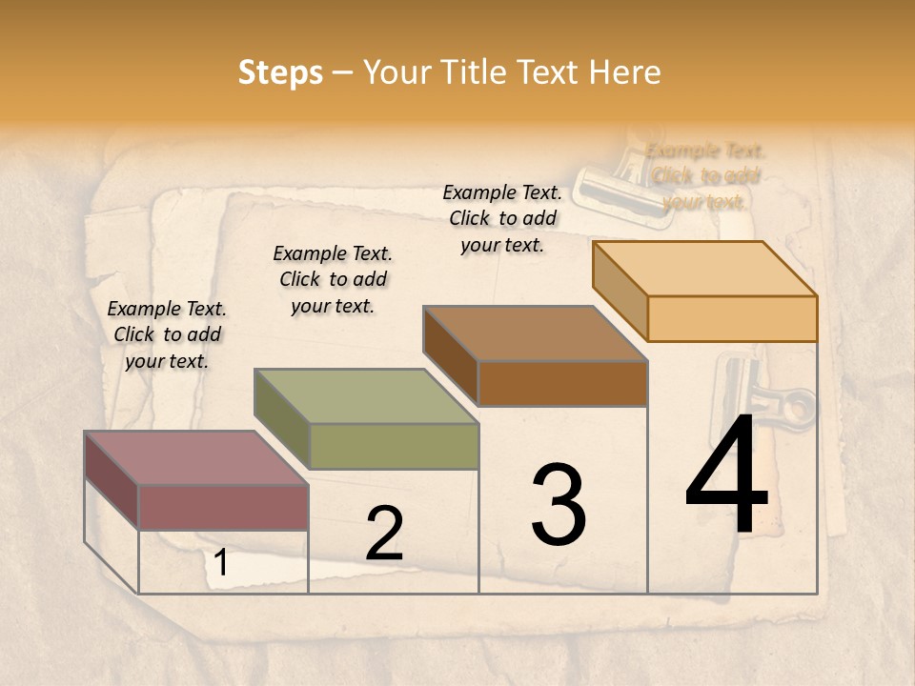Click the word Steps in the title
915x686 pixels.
pyautogui.click(x=280, y=73)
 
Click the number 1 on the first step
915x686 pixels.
pyautogui.click(x=221, y=563)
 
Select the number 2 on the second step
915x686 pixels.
pyautogui.click(x=384, y=535)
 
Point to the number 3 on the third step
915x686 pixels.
pyautogui.click(x=559, y=505)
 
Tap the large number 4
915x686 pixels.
pyautogui.click(x=726, y=476)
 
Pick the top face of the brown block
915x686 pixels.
pyautogui.click(x=535, y=333)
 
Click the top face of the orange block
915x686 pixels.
pyautogui.click(x=704, y=269)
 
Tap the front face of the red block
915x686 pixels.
pyautogui.click(x=223, y=507)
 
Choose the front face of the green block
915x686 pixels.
pyautogui.click(x=394, y=446)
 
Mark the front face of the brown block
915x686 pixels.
pyautogui.click(x=562, y=383)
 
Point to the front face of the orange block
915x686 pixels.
pyautogui.click(x=732, y=318)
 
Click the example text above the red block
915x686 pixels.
pyautogui.click(x=167, y=334)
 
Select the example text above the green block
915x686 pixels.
pyautogui.click(x=333, y=279)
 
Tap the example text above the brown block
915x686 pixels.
pyautogui.click(x=502, y=218)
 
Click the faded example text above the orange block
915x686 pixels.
pyautogui.click(x=705, y=176)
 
